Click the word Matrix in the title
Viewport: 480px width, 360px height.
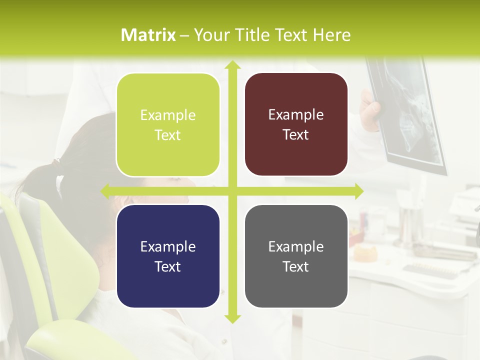coord(148,35)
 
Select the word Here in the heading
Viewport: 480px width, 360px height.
coord(331,35)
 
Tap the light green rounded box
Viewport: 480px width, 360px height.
coord(168,125)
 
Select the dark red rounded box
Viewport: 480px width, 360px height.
coord(296,124)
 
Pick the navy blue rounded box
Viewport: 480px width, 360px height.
coord(168,256)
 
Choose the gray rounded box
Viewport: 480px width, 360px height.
coord(296,256)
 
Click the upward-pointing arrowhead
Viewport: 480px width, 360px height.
coord(232,65)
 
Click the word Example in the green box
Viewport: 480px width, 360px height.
coord(168,115)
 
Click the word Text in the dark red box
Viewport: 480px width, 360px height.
coord(296,135)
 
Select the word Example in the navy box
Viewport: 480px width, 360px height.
coord(168,247)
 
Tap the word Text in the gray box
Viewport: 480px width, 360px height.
coord(296,266)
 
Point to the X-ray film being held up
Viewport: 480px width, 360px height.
coord(407,115)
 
